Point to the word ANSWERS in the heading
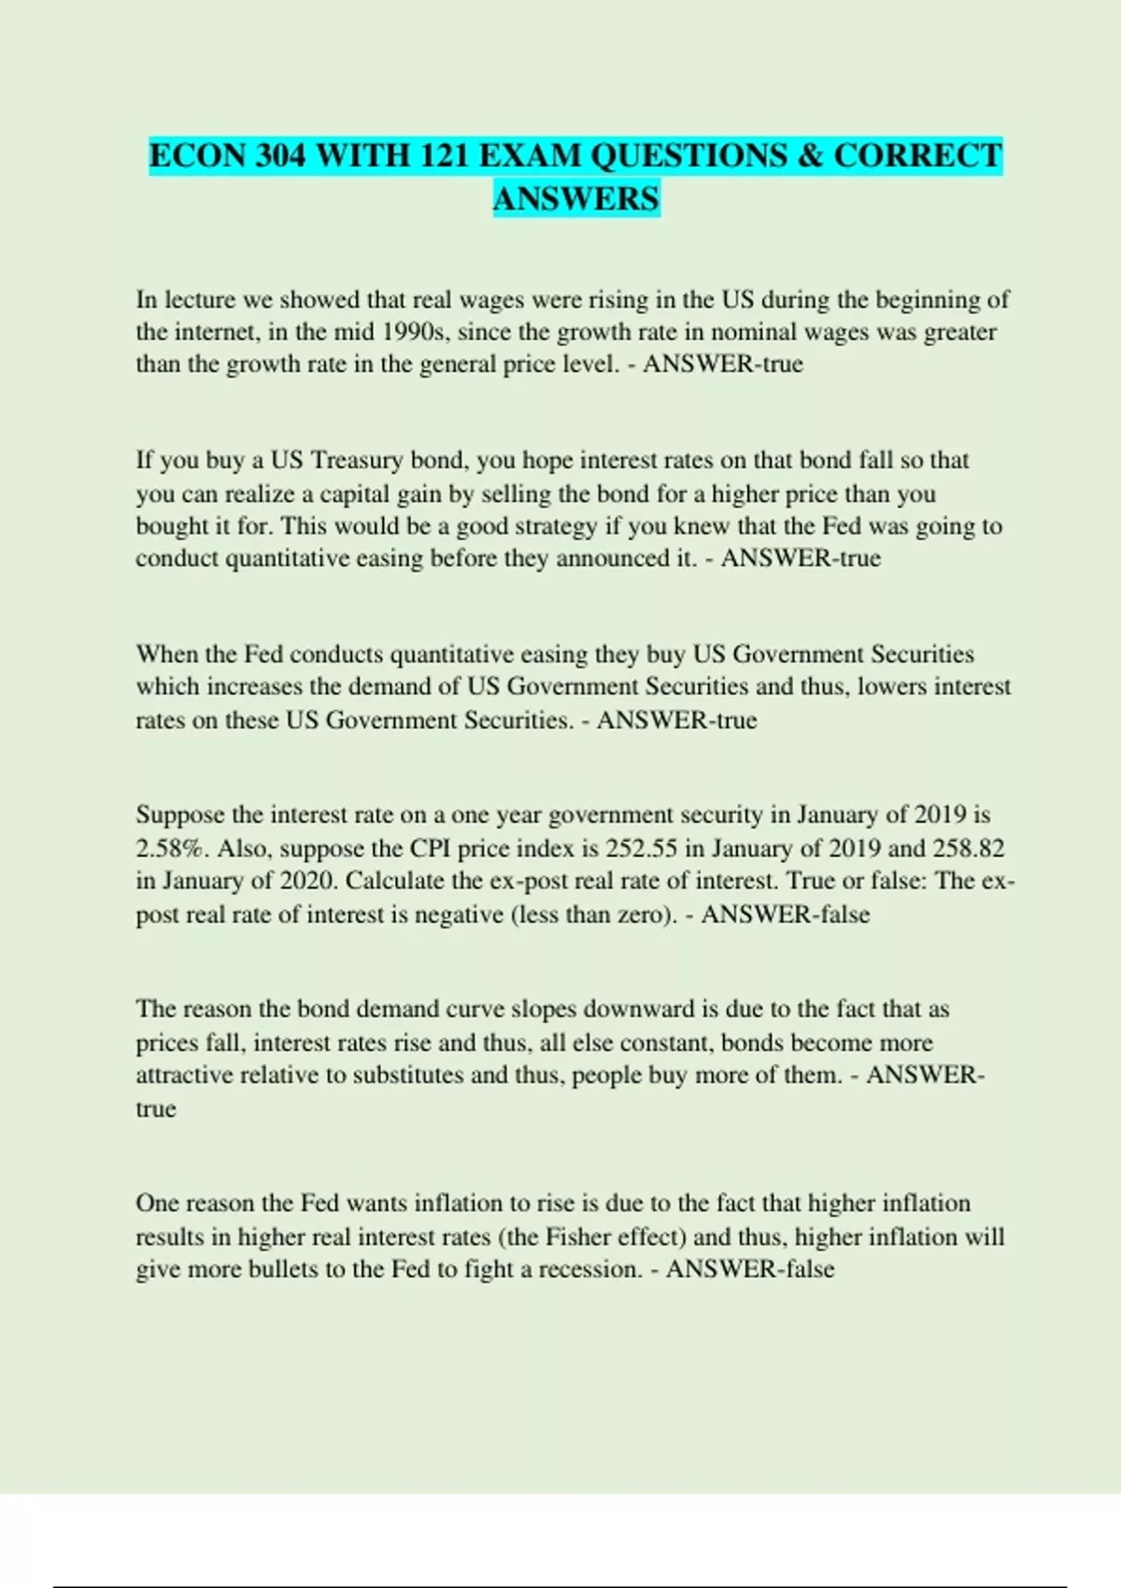click(576, 199)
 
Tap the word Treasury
click(357, 461)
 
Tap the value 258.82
click(968, 849)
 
